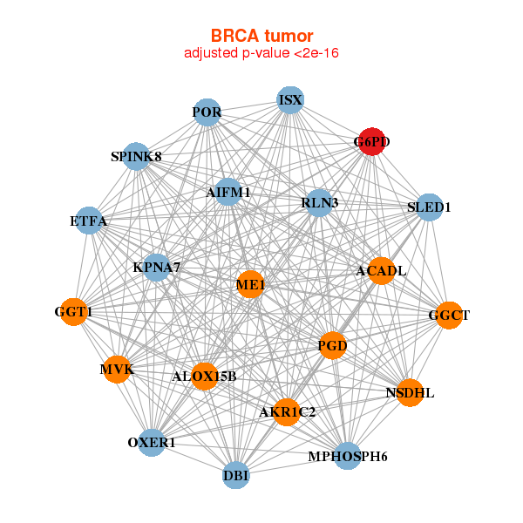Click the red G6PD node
372,142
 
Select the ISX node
290,100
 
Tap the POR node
207,112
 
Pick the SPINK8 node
136,157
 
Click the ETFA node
89,221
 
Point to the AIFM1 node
228,192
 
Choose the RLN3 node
319,203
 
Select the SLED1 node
429,207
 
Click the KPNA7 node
157,267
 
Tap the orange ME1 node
251,284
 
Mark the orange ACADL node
381,271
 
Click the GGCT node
449,315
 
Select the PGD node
333,346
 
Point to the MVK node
116,370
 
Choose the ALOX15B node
204,377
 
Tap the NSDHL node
410,393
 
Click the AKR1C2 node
287,411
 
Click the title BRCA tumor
261,36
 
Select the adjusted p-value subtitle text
261,53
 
